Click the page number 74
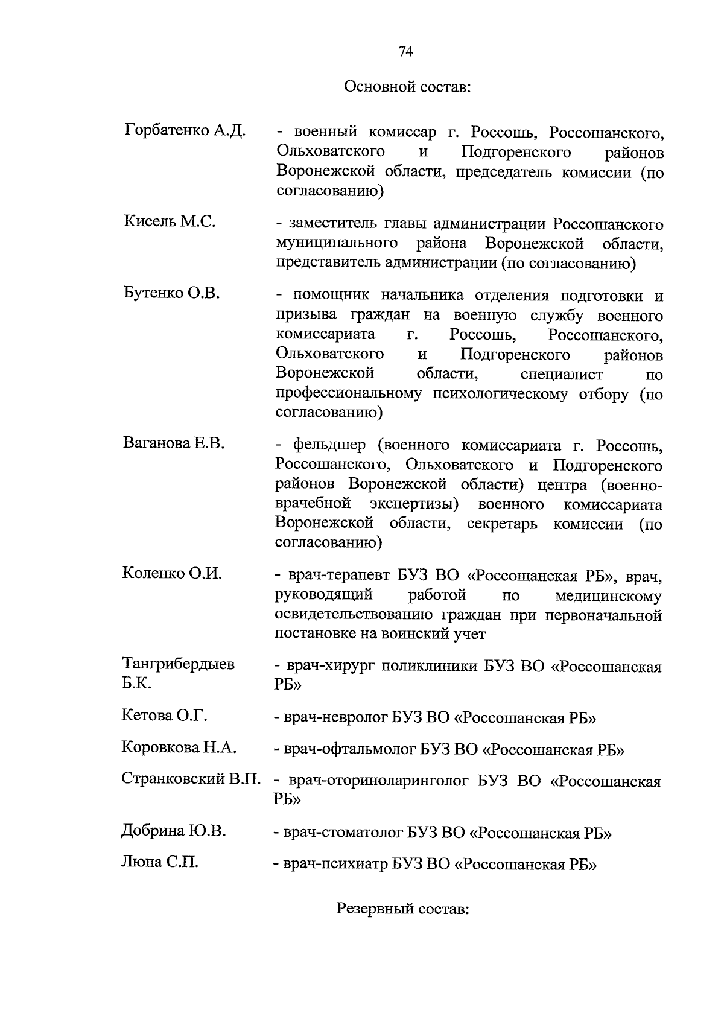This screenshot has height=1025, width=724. pyautogui.click(x=405, y=52)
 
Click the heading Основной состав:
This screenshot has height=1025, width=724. pyautogui.click(x=407, y=87)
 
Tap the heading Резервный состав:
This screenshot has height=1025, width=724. pyautogui.click(x=402, y=909)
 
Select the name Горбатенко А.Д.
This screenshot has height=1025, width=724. pyautogui.click(x=185, y=131)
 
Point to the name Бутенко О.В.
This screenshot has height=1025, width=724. pyautogui.click(x=172, y=293)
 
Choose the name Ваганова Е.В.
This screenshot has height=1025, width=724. pyautogui.click(x=174, y=443)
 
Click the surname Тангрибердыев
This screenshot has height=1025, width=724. pyautogui.click(x=179, y=664)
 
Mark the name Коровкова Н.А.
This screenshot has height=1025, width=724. pyautogui.click(x=179, y=747)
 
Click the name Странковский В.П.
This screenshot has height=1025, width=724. pyautogui.click(x=191, y=778)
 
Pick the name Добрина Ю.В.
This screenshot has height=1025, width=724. pyautogui.click(x=174, y=831)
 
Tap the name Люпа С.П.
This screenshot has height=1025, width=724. pyautogui.click(x=160, y=862)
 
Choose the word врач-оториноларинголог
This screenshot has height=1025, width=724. pyautogui.click(x=378, y=782)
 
